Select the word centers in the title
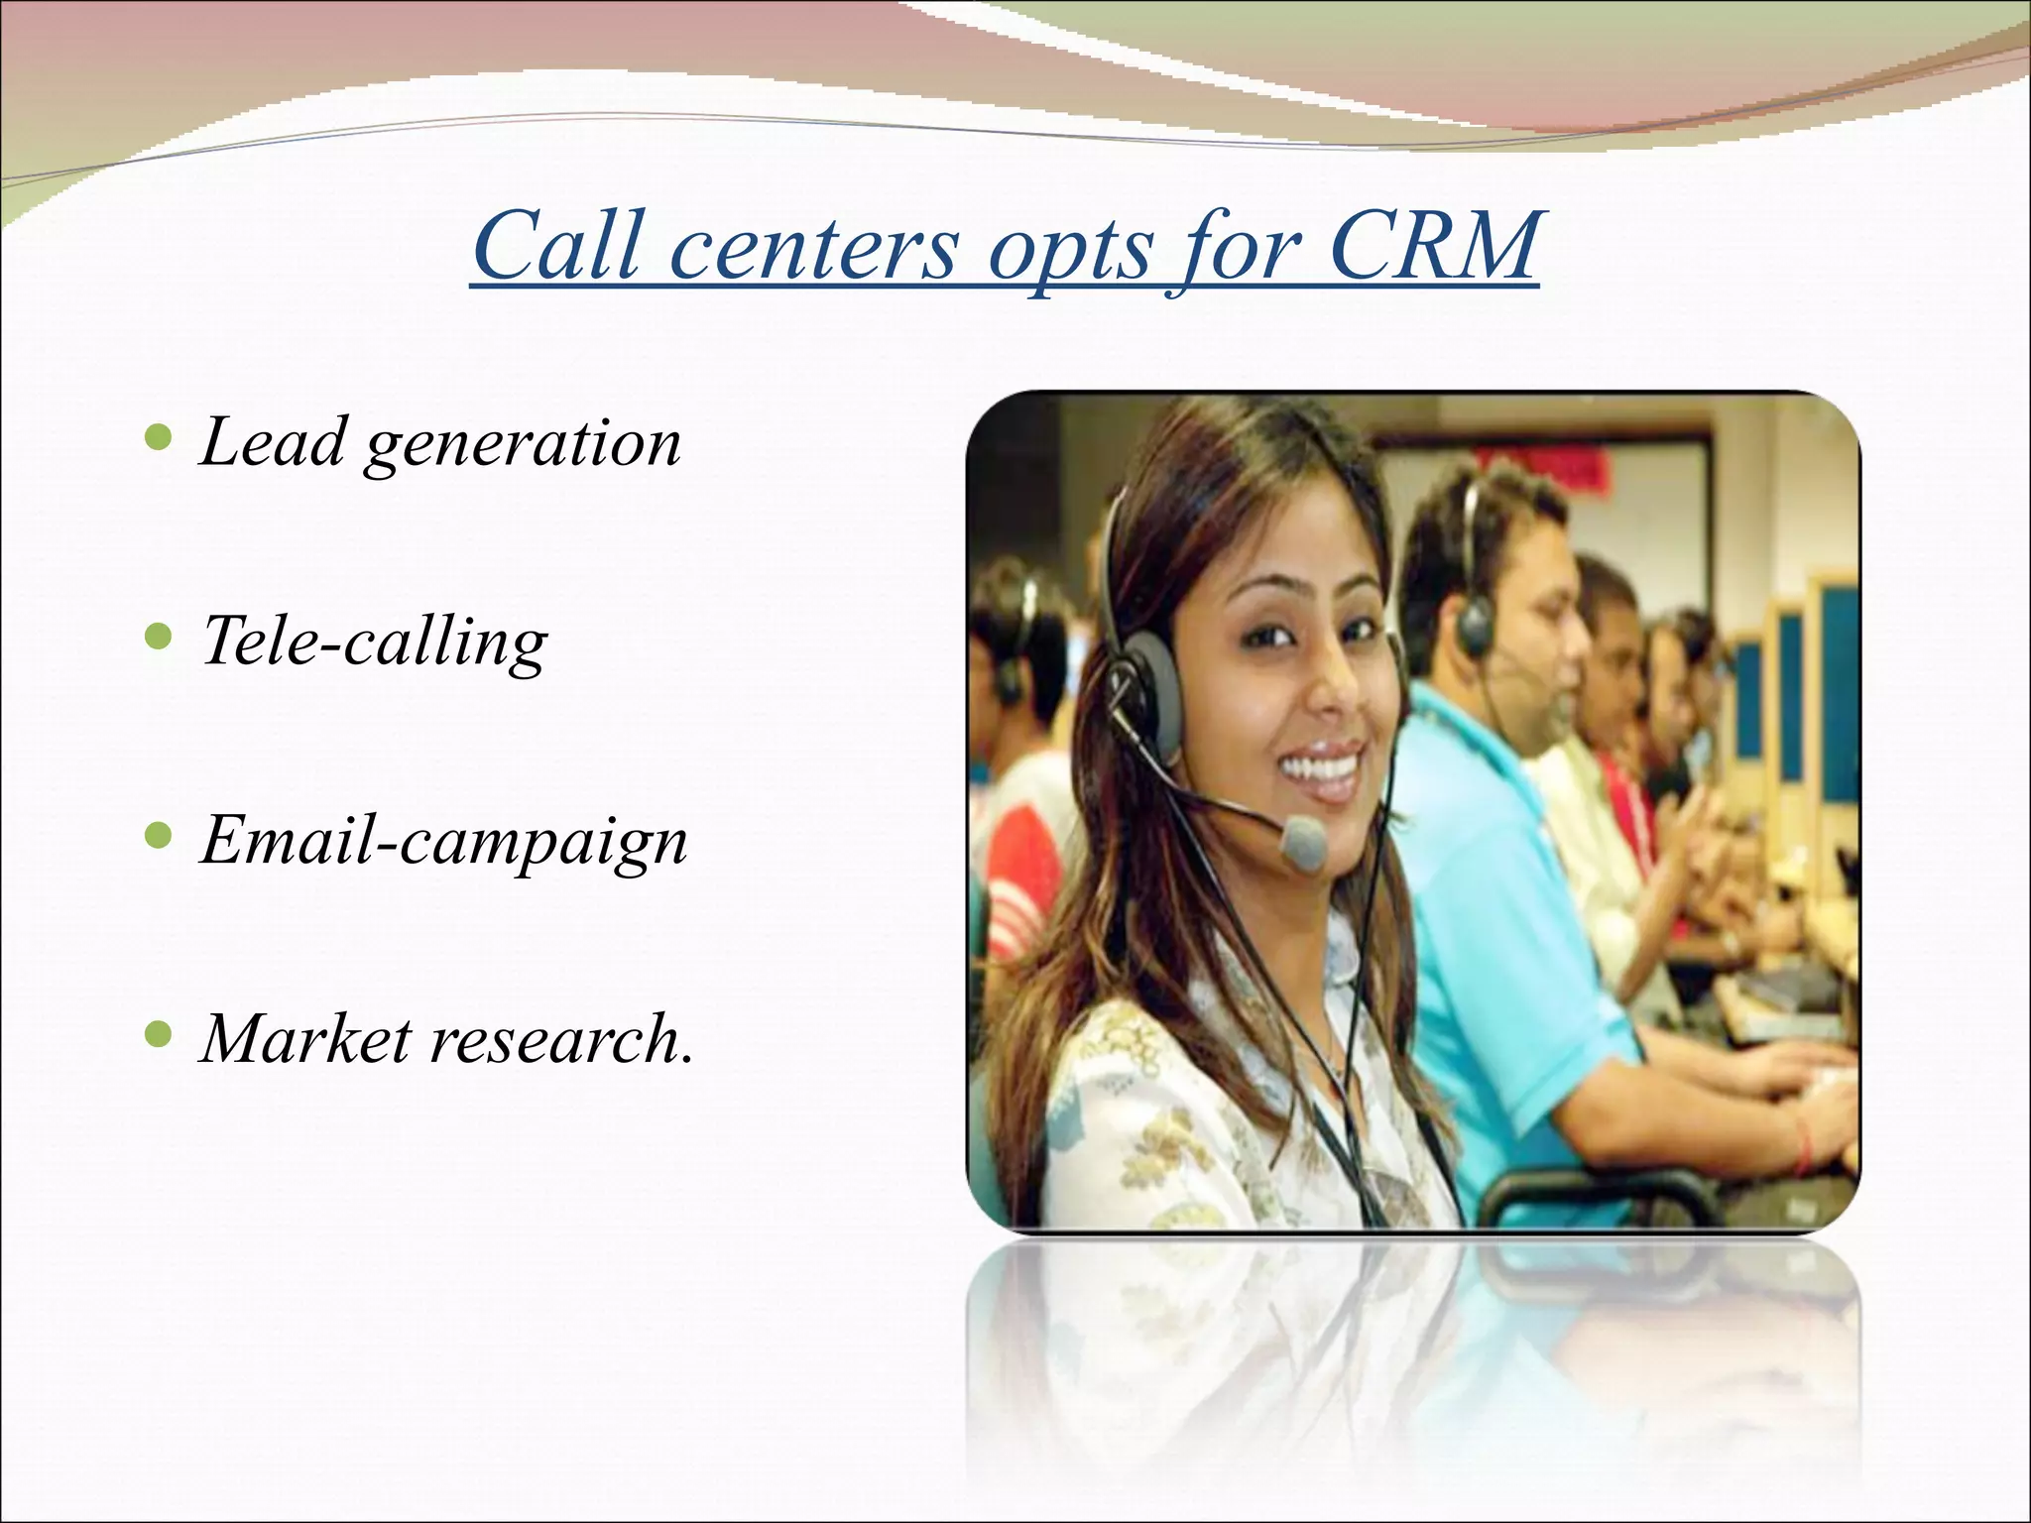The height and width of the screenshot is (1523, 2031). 813,248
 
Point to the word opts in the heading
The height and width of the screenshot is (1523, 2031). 1071,253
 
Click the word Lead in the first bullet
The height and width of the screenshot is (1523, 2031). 272,441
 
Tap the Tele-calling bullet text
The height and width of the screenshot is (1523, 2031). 374,643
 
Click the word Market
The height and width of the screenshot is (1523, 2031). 305,1039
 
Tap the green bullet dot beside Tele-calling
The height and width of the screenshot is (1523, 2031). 158,636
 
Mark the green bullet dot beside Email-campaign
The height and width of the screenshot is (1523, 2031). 158,836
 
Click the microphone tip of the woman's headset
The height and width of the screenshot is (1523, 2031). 1302,841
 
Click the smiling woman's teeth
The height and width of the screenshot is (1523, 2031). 1322,768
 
